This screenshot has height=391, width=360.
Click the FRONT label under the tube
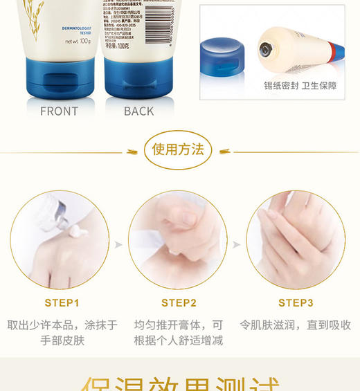click(59, 111)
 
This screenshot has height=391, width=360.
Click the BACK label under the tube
click(138, 111)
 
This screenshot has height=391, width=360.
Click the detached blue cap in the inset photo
click(222, 55)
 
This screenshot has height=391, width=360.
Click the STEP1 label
click(62, 302)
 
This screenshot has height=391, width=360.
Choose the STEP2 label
click(179, 302)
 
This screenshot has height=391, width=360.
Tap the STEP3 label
click(296, 302)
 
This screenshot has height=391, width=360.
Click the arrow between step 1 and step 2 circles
click(118, 244)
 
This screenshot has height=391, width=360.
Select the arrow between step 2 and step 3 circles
click(236, 244)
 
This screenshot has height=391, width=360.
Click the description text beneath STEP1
click(62, 332)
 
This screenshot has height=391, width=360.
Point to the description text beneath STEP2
click(179, 332)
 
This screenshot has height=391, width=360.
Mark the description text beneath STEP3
click(296, 325)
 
